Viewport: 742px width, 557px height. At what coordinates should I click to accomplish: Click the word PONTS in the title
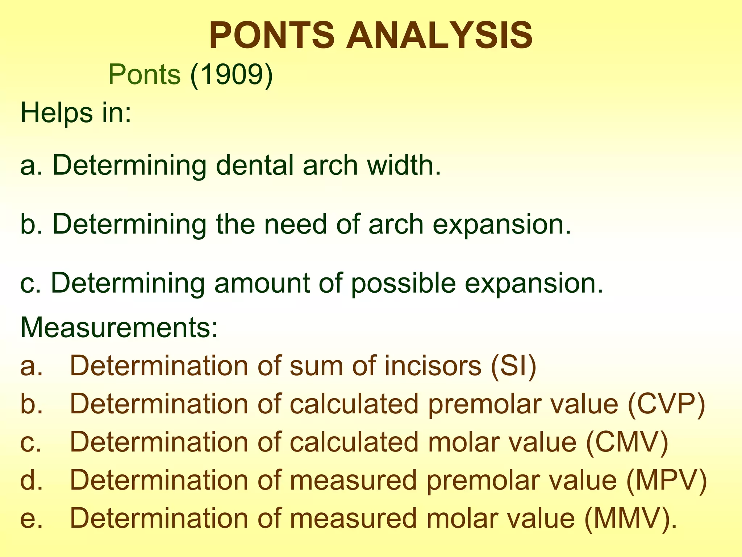(272, 36)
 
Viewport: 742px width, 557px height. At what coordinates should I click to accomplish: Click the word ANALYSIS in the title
(439, 36)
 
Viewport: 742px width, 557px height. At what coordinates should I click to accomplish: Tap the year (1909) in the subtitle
(232, 75)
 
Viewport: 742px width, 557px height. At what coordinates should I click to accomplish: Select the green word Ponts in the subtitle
(144, 75)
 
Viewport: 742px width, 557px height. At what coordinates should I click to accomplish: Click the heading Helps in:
(76, 113)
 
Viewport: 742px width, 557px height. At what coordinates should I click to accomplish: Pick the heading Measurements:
(119, 327)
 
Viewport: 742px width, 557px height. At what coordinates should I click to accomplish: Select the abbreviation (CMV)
(627, 442)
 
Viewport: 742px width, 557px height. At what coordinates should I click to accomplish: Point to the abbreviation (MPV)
(666, 480)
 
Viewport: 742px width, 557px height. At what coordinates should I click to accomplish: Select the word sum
(316, 366)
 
